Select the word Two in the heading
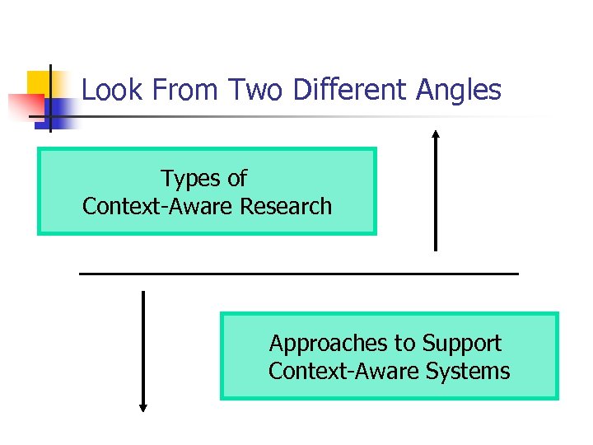256,90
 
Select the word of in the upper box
236,178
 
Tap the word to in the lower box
406,344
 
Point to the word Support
462,344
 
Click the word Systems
468,372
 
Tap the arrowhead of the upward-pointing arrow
436,133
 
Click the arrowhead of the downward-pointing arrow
143,407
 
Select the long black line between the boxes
298,273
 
